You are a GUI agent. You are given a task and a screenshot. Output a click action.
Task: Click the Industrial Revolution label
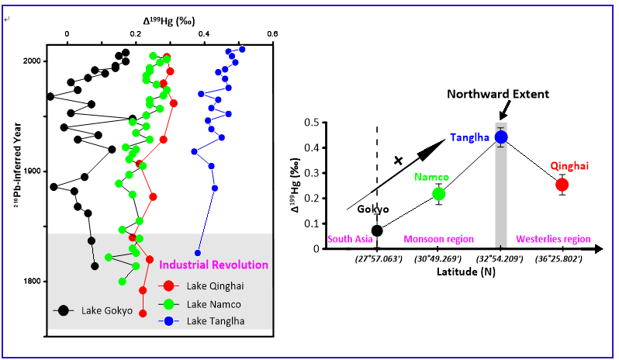point(213,265)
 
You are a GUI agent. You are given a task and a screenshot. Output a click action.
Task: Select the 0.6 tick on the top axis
point(272,33)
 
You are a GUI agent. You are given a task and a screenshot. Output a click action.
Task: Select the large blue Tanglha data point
point(501,137)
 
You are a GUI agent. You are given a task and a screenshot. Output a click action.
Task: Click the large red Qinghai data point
point(562,185)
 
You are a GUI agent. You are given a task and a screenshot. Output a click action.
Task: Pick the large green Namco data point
point(439,194)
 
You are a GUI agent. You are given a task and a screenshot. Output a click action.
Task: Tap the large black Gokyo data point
point(377,230)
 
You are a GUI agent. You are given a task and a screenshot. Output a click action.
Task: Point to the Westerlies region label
point(553,239)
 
